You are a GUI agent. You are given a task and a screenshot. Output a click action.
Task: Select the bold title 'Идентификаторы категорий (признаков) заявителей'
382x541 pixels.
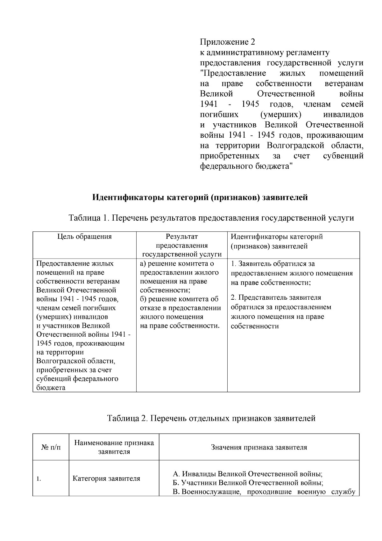(x=200, y=197)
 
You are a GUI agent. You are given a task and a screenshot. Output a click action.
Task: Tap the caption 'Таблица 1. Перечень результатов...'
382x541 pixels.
(x=211, y=218)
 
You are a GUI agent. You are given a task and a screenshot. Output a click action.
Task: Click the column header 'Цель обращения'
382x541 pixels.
(x=85, y=237)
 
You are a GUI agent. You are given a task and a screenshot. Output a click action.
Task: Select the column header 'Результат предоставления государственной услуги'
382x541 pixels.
(x=181, y=245)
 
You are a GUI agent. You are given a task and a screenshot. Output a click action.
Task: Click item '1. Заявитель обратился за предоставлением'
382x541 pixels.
(x=291, y=273)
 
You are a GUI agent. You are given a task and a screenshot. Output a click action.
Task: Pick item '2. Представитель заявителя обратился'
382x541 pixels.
(x=280, y=311)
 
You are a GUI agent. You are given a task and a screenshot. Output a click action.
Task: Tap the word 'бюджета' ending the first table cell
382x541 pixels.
(x=51, y=388)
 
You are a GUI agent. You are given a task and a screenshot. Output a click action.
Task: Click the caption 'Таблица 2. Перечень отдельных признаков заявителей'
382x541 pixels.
(x=211, y=418)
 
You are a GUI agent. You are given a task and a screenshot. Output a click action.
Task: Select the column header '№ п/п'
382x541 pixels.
(x=51, y=447)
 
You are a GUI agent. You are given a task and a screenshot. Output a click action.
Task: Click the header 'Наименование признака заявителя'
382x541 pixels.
(x=114, y=447)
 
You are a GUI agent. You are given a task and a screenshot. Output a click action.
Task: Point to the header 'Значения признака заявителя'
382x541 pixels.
(x=259, y=447)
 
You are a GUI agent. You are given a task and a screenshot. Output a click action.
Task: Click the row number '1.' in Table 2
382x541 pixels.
(x=39, y=479)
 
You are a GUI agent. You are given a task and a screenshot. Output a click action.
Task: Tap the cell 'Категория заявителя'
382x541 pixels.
(x=106, y=479)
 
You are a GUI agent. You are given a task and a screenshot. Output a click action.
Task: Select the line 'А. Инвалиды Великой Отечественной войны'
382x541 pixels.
(x=248, y=473)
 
